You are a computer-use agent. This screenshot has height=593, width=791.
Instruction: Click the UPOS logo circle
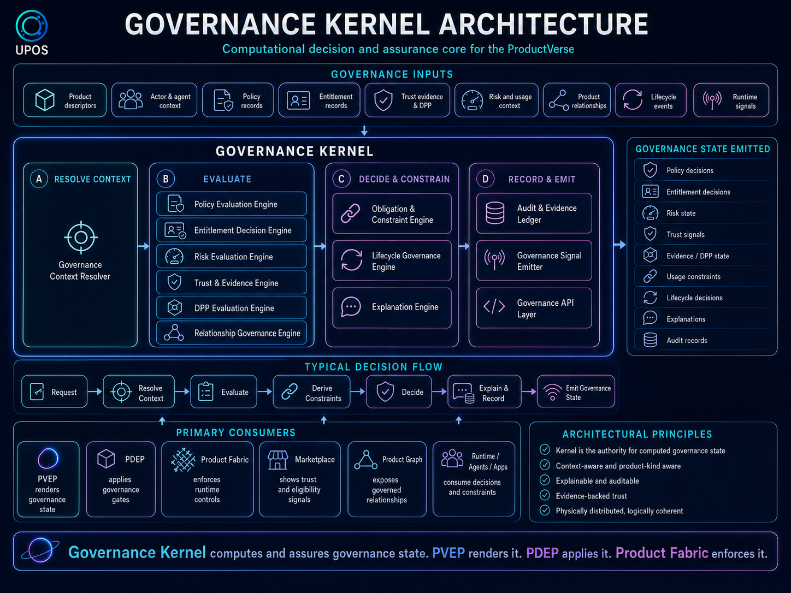31,26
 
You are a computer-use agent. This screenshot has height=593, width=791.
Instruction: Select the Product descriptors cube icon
45,100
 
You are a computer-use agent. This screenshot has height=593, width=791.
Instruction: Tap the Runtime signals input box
731,100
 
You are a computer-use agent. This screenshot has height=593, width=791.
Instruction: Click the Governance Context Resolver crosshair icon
81,238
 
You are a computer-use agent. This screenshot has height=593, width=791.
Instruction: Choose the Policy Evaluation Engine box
232,204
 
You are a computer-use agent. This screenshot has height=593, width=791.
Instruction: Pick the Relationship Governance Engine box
232,333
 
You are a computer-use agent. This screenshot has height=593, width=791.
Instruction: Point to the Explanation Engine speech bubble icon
351,307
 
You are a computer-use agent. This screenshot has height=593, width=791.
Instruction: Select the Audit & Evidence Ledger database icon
495,213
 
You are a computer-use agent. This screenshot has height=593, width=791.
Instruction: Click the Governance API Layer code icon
494,306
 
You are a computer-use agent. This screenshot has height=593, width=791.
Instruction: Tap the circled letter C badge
341,179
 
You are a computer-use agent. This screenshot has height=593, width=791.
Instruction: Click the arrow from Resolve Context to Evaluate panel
144,246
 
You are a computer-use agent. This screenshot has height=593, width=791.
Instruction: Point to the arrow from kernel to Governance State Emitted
620,245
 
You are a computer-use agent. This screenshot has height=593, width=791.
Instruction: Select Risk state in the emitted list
681,213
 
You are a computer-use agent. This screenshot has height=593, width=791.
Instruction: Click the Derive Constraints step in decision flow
311,392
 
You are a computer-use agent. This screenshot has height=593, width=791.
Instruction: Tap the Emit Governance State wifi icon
552,392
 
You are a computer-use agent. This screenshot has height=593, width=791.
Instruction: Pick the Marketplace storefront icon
278,460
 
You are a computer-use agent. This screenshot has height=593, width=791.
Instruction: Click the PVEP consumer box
48,479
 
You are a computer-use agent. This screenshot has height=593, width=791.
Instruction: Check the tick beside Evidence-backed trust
545,495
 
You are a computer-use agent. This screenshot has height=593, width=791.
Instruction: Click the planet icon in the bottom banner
40,550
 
